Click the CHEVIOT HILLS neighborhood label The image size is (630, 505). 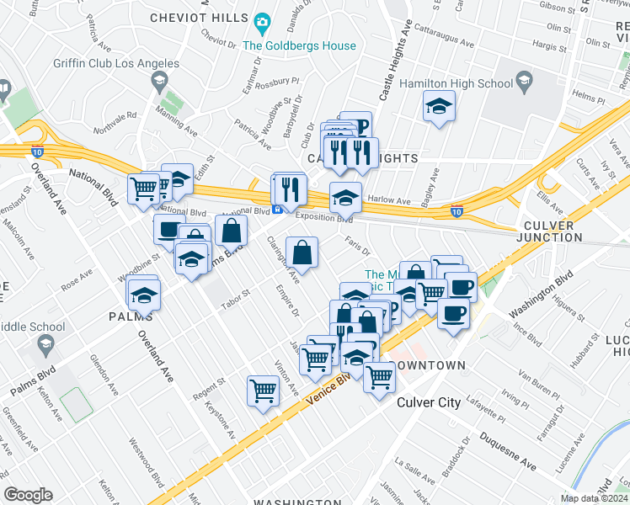tap(199, 19)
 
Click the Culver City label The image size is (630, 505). tap(429, 402)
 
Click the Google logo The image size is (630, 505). tap(28, 494)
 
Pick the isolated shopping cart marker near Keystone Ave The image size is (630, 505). tap(263, 391)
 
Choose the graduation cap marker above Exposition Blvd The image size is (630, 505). tap(345, 197)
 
